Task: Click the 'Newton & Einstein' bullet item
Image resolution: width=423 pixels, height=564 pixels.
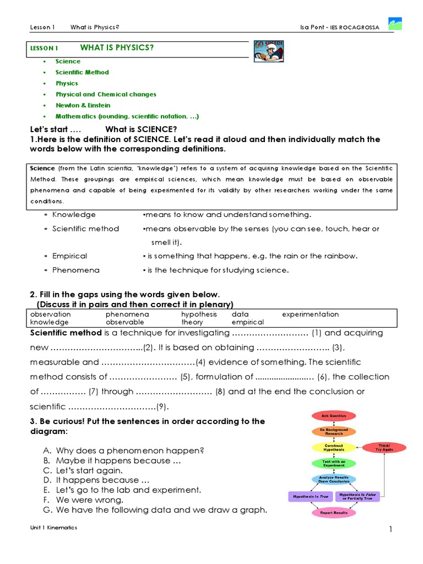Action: [83, 105]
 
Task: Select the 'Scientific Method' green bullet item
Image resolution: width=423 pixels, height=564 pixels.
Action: [82, 72]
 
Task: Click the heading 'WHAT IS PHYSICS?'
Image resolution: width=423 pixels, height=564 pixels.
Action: [117, 47]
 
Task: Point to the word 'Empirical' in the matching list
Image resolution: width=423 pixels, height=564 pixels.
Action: [69, 256]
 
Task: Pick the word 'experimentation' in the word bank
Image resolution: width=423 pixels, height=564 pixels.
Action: [310, 314]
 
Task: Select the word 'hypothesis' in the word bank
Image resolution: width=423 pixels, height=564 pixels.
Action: [199, 314]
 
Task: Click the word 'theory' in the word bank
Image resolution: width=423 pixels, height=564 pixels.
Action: [192, 322]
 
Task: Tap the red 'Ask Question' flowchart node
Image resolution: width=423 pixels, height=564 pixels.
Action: [333, 416]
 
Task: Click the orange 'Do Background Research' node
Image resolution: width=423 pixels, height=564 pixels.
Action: [333, 431]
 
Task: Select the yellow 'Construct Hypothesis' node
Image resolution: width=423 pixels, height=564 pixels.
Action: [333, 447]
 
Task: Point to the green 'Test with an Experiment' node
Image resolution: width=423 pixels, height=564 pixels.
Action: [333, 463]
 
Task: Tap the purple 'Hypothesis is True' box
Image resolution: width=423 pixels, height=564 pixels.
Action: [311, 496]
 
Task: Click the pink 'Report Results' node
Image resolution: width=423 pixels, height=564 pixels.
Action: [333, 512]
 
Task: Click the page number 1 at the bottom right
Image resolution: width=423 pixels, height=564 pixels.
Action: [391, 529]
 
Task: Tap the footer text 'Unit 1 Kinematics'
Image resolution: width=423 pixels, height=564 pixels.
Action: [54, 528]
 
